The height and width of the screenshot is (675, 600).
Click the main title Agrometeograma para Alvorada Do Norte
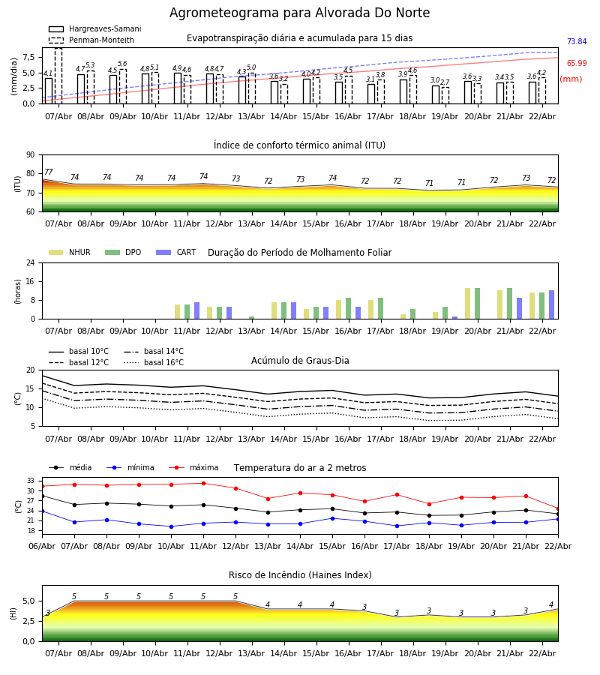pos(299,13)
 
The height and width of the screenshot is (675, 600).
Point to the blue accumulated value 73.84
pos(576,42)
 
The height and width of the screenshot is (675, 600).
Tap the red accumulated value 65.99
pos(576,64)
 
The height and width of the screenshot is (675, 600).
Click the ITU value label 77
pos(49,172)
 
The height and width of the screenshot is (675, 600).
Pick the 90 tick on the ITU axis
pos(30,154)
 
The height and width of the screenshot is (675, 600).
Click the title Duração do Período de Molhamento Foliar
pos(299,253)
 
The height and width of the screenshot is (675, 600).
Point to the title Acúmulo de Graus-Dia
pos(300,361)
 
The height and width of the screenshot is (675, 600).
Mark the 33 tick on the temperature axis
pos(31,481)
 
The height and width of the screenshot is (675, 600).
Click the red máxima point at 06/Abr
pos(42,486)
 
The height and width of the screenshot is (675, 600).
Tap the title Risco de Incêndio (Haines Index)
pos(300,575)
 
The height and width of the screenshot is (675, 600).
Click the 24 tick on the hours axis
pos(28,262)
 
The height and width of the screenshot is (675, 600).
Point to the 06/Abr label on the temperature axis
pos(42,545)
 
